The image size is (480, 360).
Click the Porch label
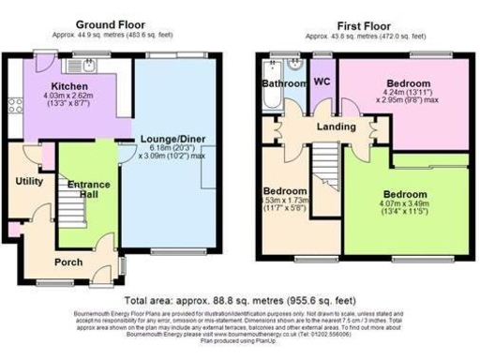point(67,262)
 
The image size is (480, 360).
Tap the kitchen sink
point(86,67)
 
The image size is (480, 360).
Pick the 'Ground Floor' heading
point(111,25)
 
